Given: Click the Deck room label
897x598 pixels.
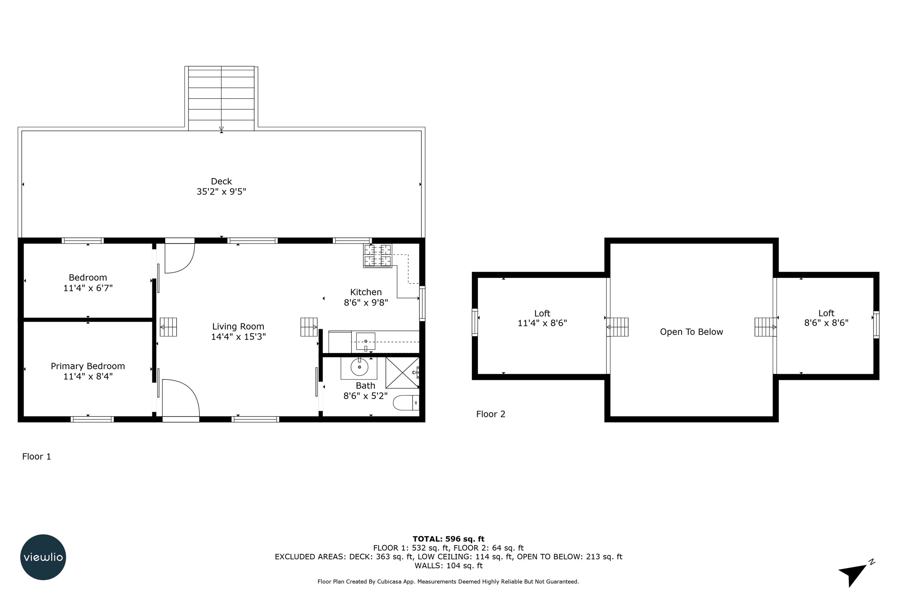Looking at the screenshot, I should (221, 181).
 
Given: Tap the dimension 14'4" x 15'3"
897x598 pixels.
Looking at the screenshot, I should (238, 337).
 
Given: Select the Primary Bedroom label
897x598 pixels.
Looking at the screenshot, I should (88, 366).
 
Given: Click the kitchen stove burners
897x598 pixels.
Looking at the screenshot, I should (377, 255).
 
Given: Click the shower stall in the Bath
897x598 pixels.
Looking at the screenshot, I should (402, 373).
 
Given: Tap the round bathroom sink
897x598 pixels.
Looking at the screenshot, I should (359, 367).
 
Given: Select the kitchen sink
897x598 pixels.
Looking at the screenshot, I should (366, 342).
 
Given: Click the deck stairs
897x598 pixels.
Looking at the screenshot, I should (221, 98).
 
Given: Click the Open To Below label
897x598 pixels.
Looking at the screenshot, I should (691, 332).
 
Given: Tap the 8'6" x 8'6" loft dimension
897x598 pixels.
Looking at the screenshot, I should (826, 323).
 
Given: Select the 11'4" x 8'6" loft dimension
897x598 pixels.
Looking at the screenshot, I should (542, 323).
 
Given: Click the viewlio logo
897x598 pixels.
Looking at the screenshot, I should (43, 557).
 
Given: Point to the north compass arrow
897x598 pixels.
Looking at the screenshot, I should (854, 574).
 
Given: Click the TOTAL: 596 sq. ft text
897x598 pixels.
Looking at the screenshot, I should (448, 539).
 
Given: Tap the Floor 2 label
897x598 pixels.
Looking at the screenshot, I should (490, 414).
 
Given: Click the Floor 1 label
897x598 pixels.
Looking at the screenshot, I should (36, 456).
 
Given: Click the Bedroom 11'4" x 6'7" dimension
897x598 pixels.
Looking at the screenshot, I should (88, 288).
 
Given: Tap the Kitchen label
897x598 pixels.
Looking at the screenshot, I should (366, 292).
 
